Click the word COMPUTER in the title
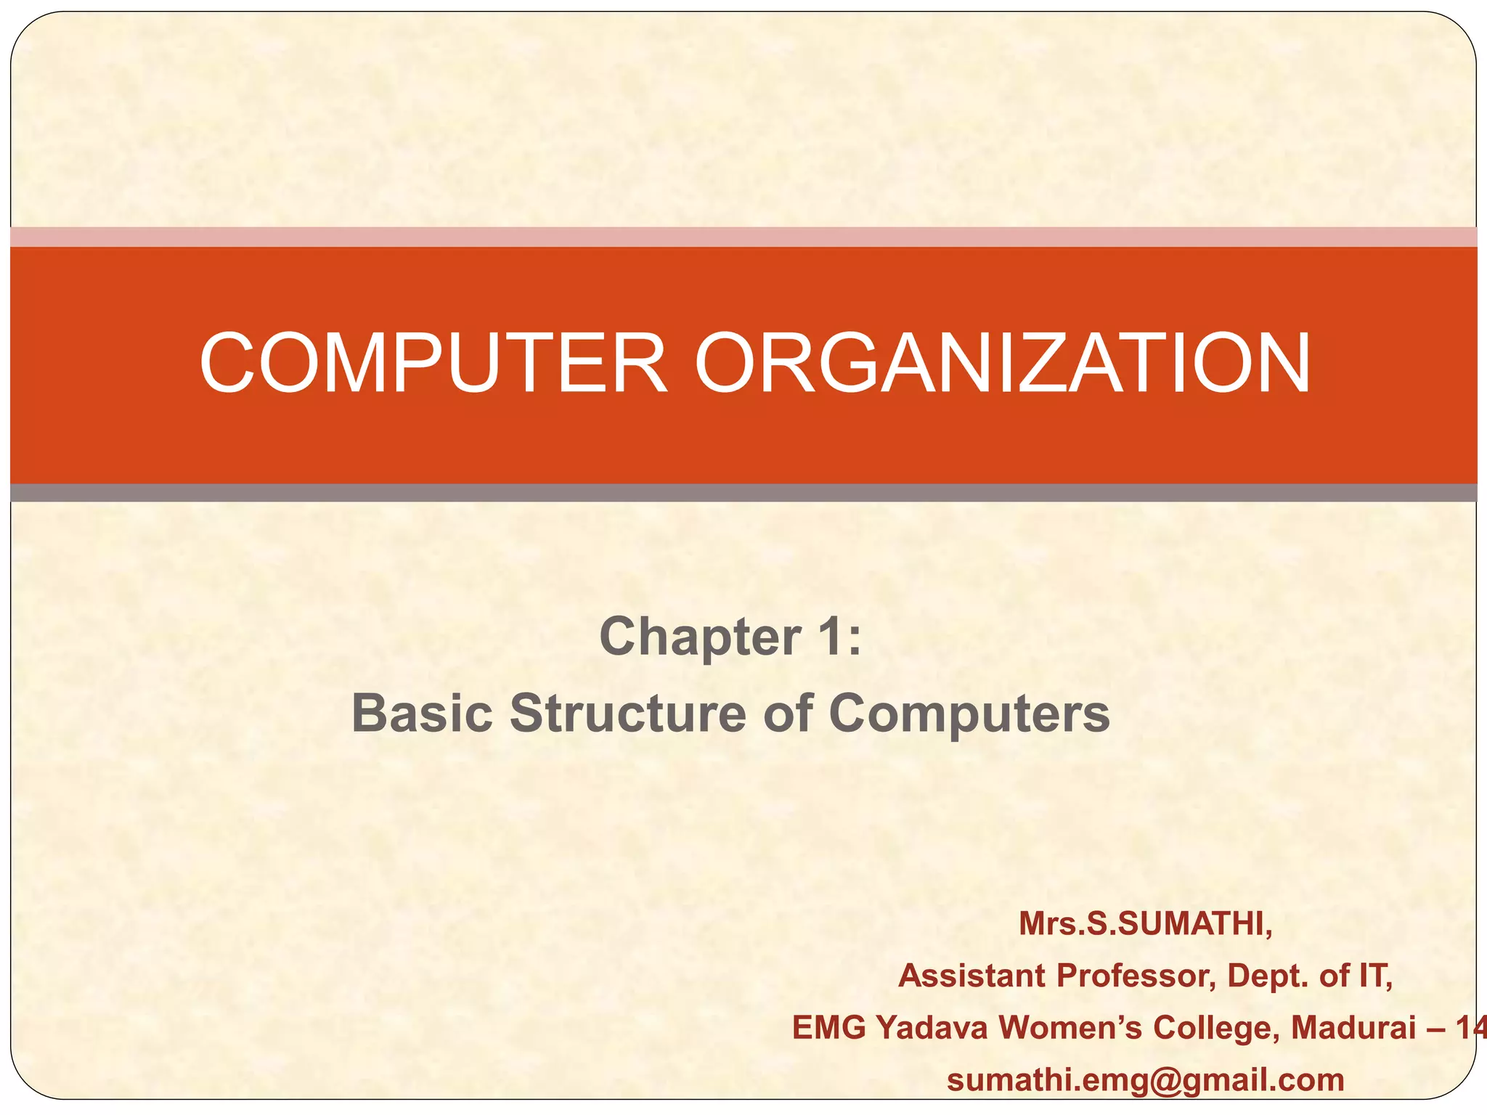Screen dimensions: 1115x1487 433,363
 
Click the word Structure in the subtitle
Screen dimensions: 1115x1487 627,713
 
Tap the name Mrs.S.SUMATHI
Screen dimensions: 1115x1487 1146,924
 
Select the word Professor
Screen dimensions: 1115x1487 1136,976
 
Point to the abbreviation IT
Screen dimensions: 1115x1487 1374,976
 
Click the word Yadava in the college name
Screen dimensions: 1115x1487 932,1028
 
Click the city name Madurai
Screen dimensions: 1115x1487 1353,1028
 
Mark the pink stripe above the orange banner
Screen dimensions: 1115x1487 743,237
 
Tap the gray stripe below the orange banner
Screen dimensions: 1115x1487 743,493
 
